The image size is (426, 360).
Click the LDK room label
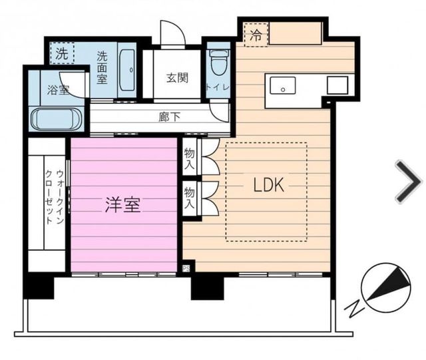pyautogui.click(x=269, y=184)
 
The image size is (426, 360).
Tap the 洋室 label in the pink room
pyautogui.click(x=122, y=205)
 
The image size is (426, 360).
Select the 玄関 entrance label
pyautogui.click(x=177, y=78)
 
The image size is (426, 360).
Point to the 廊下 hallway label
pyautogui.click(x=170, y=117)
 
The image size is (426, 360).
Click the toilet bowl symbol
pyautogui.click(x=219, y=62)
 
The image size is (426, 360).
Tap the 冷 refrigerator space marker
pyautogui.click(x=256, y=35)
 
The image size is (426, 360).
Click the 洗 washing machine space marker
pyautogui.click(x=62, y=53)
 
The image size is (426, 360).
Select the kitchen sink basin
pyautogui.click(x=282, y=85)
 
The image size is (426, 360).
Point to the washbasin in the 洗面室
pyautogui.click(x=127, y=70)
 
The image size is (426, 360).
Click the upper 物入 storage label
pyautogui.click(x=189, y=159)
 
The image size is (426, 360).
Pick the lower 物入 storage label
pyautogui.click(x=189, y=198)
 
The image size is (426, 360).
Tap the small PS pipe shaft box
pyautogui.click(x=186, y=269)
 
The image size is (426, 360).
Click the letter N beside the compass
pyautogui.click(x=355, y=309)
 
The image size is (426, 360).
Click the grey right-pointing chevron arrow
pyautogui.click(x=409, y=182)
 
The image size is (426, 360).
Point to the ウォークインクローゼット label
pyautogui.click(x=55, y=197)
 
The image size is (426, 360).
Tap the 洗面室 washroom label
pyautogui.click(x=103, y=68)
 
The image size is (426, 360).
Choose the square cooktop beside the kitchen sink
pyautogui.click(x=337, y=85)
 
